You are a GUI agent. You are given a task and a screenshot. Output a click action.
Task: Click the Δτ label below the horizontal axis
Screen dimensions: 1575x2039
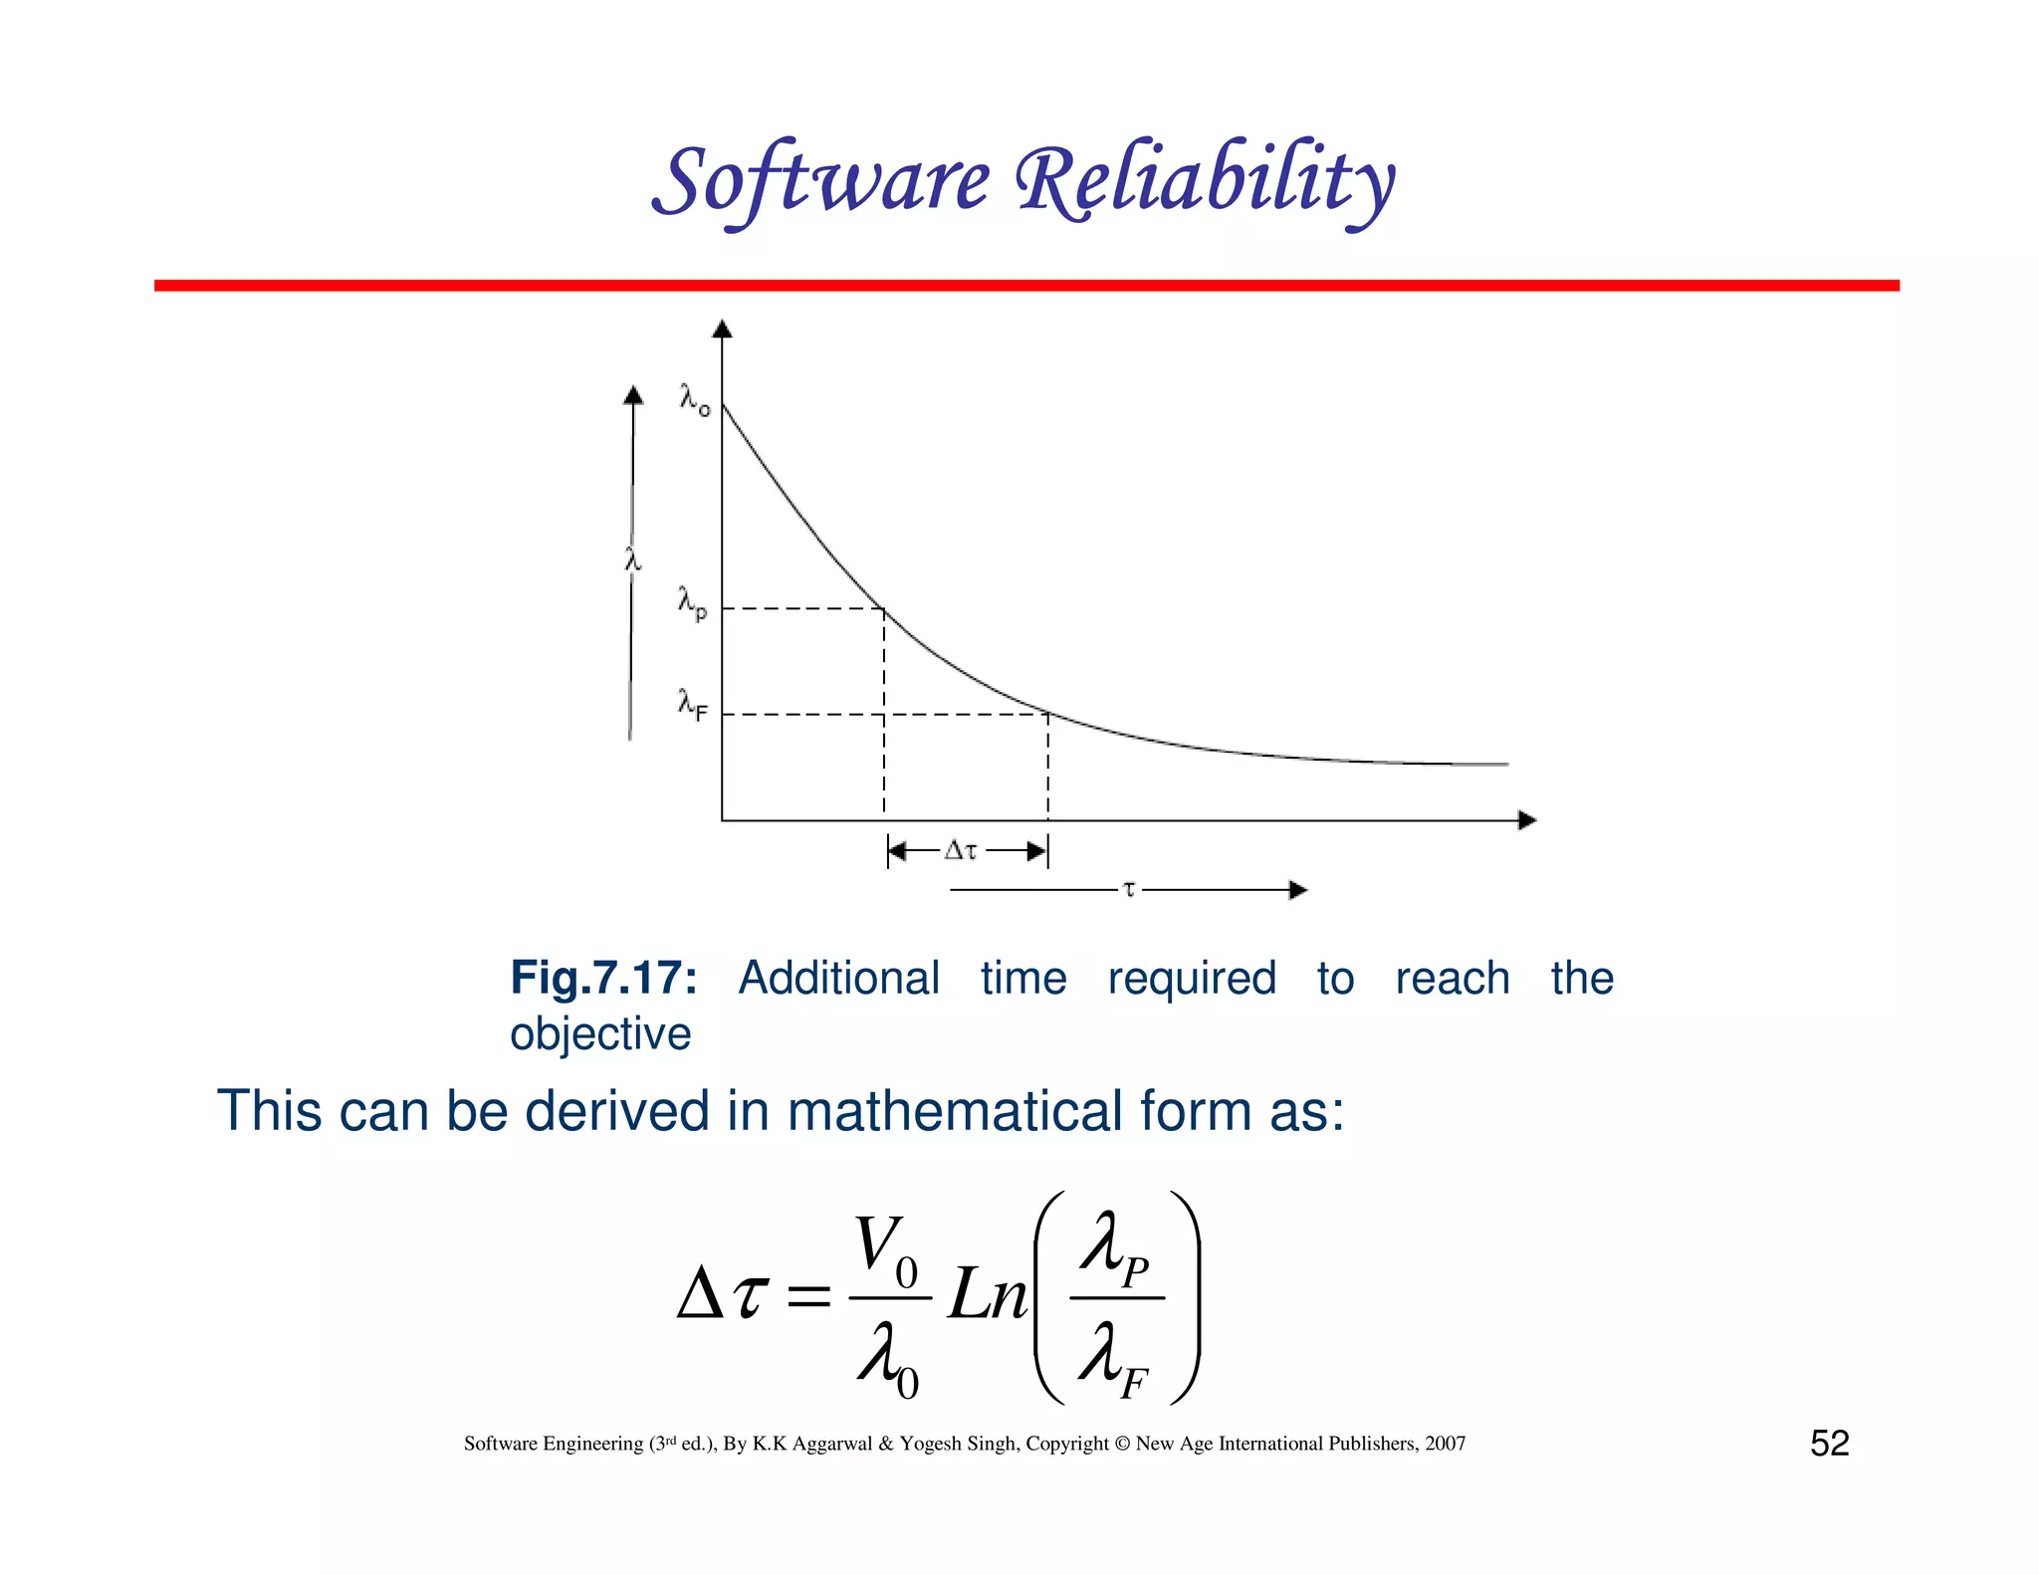click(x=961, y=850)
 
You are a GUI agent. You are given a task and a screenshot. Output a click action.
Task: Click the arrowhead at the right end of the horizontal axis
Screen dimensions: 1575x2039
click(x=1527, y=820)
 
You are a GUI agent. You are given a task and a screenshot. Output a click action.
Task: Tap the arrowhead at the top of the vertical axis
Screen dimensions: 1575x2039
click(x=723, y=329)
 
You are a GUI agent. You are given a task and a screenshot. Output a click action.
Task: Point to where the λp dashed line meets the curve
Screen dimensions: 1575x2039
click(x=884, y=608)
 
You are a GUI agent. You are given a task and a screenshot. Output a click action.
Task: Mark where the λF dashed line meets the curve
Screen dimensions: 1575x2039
click(x=1047, y=714)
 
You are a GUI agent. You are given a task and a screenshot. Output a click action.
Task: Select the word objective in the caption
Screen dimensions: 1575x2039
click(x=600, y=1033)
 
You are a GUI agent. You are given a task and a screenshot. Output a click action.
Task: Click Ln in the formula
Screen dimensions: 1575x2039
click(x=987, y=1295)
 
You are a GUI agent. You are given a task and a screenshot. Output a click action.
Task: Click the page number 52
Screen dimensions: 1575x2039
click(x=1829, y=1443)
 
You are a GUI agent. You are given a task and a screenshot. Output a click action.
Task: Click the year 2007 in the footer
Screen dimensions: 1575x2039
click(x=1445, y=1444)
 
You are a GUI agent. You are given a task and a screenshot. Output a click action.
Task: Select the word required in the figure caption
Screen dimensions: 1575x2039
click(x=1192, y=978)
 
